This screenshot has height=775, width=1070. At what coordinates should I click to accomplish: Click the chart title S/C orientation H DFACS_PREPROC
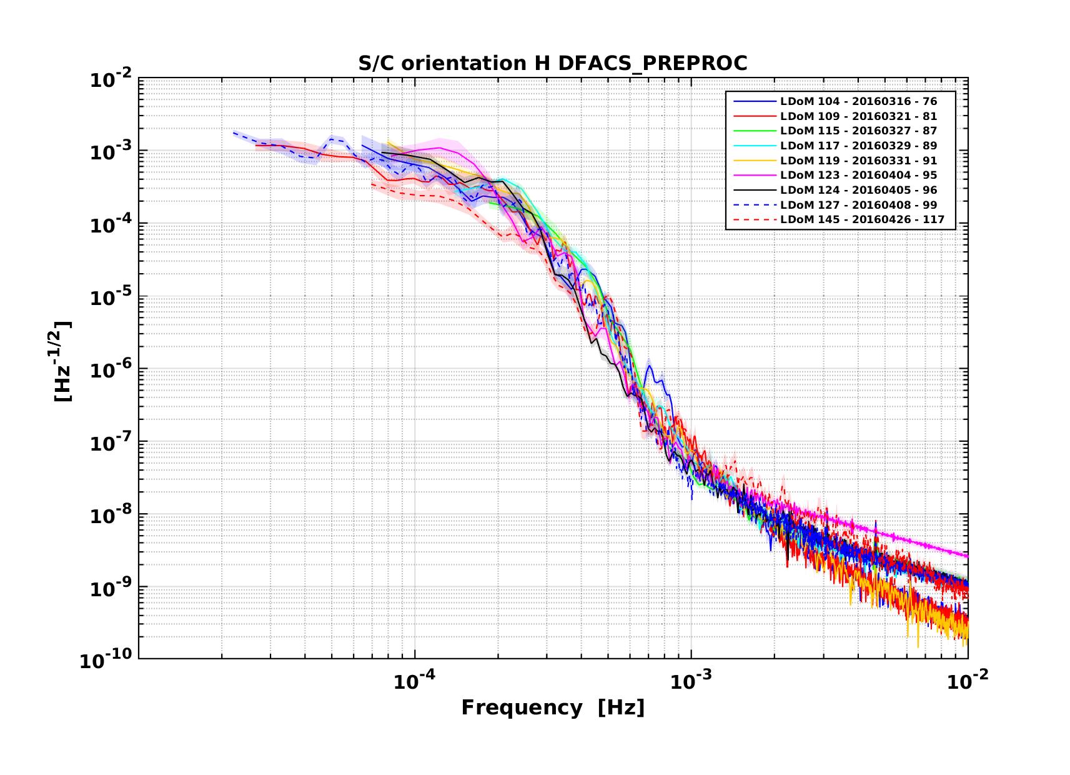552,64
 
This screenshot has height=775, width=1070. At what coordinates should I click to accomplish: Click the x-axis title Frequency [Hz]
552,708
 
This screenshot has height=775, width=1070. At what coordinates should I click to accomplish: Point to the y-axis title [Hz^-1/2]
63,361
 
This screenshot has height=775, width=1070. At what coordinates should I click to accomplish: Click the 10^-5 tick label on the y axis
108,297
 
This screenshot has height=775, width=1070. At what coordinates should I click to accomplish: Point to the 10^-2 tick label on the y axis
108,80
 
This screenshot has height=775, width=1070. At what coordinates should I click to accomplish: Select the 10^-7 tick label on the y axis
108,442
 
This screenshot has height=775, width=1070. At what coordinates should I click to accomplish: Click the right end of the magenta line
968,556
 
